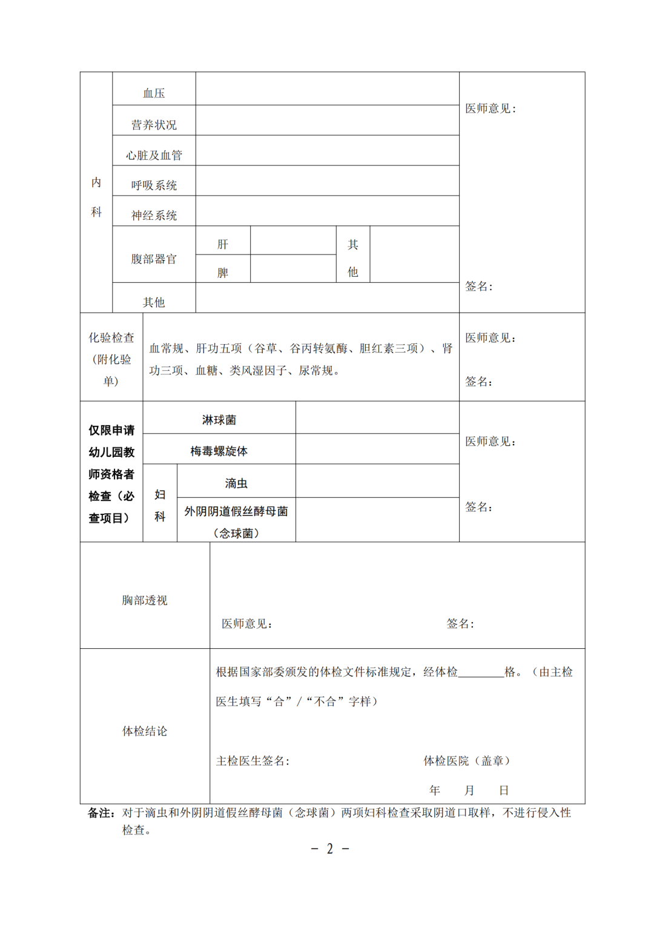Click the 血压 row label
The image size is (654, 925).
click(154, 93)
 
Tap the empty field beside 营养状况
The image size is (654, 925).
click(327, 121)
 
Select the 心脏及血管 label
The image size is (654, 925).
click(154, 156)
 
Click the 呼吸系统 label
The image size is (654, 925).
click(154, 185)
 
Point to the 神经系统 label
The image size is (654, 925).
click(154, 216)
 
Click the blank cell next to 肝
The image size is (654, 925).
click(293, 240)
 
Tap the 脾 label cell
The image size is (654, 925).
click(223, 273)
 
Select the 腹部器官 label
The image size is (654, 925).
click(154, 259)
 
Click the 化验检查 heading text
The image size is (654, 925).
click(111, 337)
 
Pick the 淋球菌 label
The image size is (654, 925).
click(219, 420)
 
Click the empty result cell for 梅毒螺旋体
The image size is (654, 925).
click(377, 449)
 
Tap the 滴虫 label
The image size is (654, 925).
click(236, 483)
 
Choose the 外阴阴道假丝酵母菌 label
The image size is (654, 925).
click(236, 511)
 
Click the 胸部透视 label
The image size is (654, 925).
click(145, 600)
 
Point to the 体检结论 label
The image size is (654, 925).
click(145, 731)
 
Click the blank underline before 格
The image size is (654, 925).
click(481, 672)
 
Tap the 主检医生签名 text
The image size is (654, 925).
click(253, 761)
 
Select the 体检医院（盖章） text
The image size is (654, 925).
click(466, 761)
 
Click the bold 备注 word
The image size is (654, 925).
click(101, 813)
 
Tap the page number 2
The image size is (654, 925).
click(330, 849)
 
